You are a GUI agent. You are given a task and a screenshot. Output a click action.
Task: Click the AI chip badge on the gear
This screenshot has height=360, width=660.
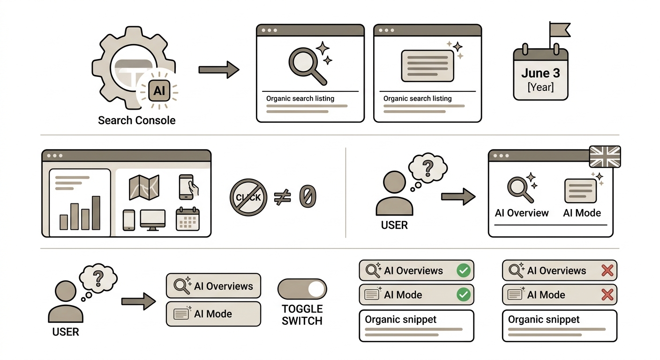click(x=159, y=90)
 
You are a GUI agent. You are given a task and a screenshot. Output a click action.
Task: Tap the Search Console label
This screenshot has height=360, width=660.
click(x=137, y=120)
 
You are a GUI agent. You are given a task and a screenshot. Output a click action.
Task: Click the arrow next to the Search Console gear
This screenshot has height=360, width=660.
click(x=218, y=70)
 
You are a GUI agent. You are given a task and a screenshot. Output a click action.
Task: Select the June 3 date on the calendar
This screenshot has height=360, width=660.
click(x=540, y=73)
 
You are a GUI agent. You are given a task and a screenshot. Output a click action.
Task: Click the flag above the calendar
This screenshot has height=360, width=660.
click(x=560, y=30)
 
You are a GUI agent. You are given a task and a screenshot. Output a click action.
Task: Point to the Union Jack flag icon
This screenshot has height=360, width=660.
click(x=605, y=157)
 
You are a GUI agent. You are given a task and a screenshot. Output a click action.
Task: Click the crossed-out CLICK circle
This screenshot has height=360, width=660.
click(x=248, y=197)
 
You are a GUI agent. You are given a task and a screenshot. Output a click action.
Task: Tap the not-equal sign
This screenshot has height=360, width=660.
click(x=282, y=197)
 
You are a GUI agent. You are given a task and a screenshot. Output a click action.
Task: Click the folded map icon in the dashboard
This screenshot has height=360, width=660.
click(x=144, y=187)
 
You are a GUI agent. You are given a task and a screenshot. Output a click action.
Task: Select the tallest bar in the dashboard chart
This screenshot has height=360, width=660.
click(x=96, y=213)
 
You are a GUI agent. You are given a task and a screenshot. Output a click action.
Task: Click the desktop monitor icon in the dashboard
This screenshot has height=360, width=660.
click(x=153, y=220)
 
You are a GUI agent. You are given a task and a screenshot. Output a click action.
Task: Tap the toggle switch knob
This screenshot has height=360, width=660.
click(x=316, y=289)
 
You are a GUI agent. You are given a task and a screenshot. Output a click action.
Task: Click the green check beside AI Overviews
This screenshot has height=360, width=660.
click(x=464, y=270)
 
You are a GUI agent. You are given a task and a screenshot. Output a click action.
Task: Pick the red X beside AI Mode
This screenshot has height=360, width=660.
click(x=607, y=294)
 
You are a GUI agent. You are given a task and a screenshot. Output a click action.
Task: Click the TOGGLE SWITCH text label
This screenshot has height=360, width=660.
click(x=302, y=315)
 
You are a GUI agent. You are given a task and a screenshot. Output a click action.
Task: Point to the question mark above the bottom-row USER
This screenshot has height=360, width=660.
click(x=98, y=278)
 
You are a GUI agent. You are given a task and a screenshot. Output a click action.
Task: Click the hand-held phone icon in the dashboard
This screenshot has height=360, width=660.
click(x=188, y=187)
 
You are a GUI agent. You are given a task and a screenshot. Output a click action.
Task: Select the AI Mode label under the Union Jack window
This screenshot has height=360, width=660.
click(x=582, y=213)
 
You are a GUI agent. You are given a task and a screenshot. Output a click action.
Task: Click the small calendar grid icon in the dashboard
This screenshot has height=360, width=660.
click(x=187, y=219)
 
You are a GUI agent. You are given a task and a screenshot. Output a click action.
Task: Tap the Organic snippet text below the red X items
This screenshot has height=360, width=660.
click(x=544, y=319)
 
